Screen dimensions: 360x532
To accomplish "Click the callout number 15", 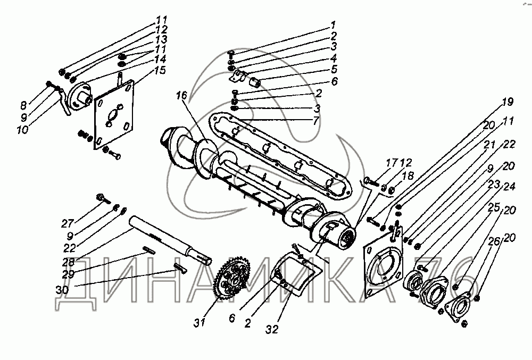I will coord(160,70).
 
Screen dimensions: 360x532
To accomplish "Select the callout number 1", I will coord(332,24).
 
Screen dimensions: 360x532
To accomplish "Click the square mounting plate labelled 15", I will coord(113,114).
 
